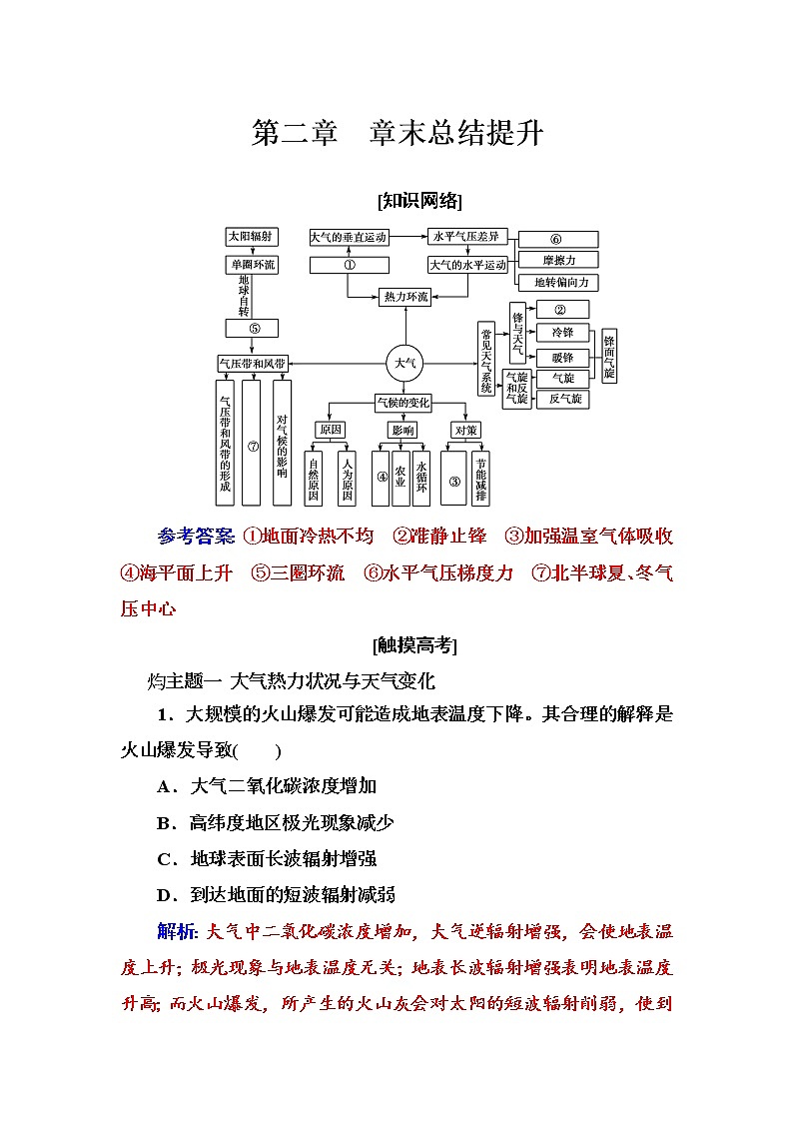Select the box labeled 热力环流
[405, 297]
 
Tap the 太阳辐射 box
[252, 237]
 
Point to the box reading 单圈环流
[252, 265]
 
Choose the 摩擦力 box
[558, 261]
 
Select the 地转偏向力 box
[558, 283]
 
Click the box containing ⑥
[558, 240]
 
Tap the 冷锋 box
[562, 332]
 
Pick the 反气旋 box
[562, 399]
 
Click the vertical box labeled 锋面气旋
[609, 357]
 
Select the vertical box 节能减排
[481, 479]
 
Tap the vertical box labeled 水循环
[421, 479]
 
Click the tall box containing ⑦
[253, 444]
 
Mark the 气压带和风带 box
[253, 363]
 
